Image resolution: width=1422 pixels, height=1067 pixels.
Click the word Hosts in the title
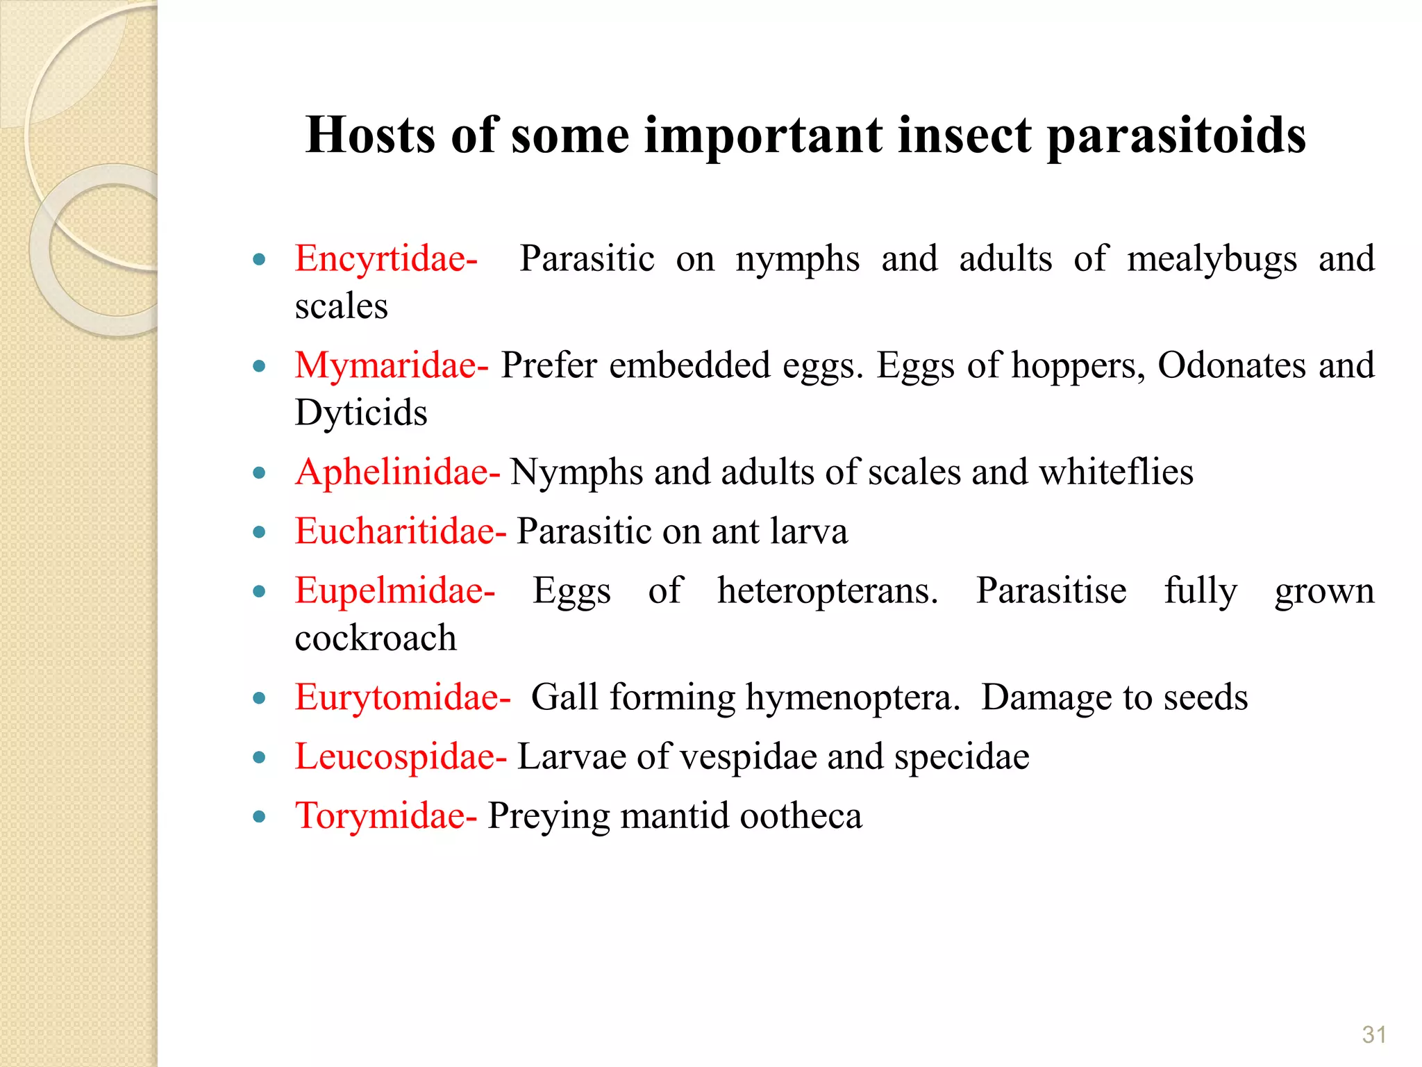[x=370, y=135]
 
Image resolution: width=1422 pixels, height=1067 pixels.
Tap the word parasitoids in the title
[x=1176, y=136]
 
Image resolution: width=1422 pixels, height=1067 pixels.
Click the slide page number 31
[x=1373, y=1035]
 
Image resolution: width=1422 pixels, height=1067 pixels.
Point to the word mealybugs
[x=1212, y=259]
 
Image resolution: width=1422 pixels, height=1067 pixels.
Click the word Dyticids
[x=361, y=413]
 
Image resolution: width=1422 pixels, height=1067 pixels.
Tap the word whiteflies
[x=1116, y=472]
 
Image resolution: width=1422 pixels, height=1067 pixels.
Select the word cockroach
[x=376, y=638]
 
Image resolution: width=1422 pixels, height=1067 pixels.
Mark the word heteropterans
[x=827, y=591]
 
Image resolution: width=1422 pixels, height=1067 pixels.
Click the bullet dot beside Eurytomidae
[x=260, y=698]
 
